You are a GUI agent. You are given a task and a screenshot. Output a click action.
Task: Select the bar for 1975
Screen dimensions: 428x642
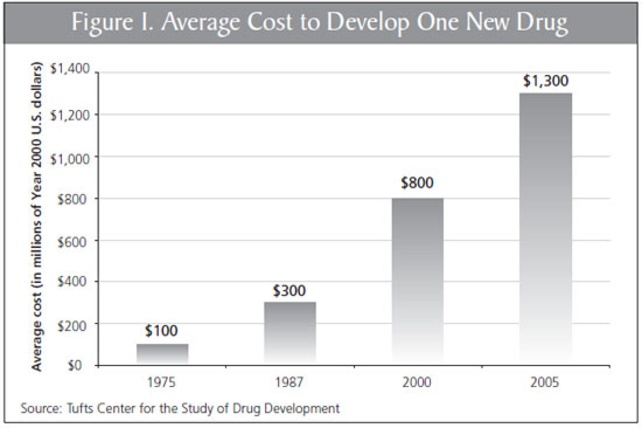pyautogui.click(x=162, y=354)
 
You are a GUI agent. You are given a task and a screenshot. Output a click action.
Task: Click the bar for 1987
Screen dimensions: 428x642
pyautogui.click(x=290, y=333)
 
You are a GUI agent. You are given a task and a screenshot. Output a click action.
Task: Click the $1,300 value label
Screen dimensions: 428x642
pyautogui.click(x=546, y=81)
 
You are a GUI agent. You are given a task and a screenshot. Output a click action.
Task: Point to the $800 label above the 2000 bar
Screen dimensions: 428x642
pyautogui.click(x=417, y=183)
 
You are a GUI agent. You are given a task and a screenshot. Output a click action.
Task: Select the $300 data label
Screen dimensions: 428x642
pyautogui.click(x=289, y=291)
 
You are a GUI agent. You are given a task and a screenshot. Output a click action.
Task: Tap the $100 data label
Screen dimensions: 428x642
pyautogui.click(x=161, y=331)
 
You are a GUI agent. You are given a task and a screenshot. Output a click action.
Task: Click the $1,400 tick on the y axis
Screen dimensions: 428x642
pyautogui.click(x=70, y=69)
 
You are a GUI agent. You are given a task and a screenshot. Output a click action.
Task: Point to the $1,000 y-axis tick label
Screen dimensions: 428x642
pyautogui.click(x=70, y=159)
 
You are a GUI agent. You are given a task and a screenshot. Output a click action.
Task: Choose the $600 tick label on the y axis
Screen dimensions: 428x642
pyautogui.click(x=72, y=242)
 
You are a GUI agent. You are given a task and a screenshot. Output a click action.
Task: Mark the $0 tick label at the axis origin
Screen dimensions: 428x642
pyautogui.click(x=75, y=366)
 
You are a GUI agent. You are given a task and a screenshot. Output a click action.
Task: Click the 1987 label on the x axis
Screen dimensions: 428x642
pyautogui.click(x=289, y=382)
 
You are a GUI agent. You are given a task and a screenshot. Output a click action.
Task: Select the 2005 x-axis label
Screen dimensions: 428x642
pyautogui.click(x=545, y=382)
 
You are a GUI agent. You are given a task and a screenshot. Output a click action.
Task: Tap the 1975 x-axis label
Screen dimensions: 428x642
pyautogui.click(x=161, y=382)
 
